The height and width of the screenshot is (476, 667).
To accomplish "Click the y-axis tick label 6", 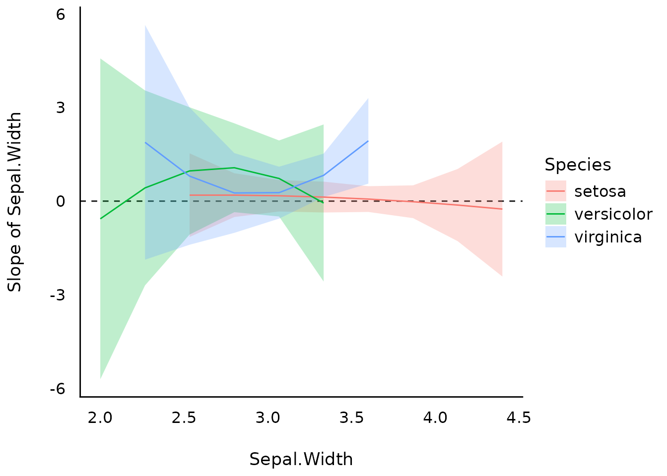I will (x=61, y=14).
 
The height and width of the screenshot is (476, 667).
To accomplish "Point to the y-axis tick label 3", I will (x=61, y=107).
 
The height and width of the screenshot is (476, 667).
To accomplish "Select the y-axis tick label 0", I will (x=61, y=201).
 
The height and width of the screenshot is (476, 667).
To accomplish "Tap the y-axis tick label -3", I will (x=58, y=295).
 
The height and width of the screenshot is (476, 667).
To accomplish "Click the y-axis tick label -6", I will (x=58, y=389).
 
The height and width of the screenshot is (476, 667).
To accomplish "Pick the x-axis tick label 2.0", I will (x=100, y=418).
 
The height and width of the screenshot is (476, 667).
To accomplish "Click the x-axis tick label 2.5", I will (x=184, y=418).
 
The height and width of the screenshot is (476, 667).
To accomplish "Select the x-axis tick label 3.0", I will (x=268, y=418).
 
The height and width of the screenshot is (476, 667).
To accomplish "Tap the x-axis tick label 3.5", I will (x=352, y=418).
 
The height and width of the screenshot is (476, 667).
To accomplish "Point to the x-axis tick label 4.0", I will (x=435, y=418).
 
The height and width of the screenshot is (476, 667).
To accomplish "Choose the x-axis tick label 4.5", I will (x=519, y=418).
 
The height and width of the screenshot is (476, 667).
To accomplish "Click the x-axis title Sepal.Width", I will (x=301, y=459).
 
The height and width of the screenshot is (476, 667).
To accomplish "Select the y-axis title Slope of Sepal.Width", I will (x=15, y=202).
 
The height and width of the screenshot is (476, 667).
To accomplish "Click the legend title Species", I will (x=578, y=165).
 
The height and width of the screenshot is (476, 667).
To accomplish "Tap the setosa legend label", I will (x=600, y=191).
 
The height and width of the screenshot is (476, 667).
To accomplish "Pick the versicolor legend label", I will (x=613, y=214).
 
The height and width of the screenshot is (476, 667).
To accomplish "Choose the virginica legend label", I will (x=608, y=237).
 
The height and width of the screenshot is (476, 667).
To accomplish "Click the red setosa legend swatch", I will (x=555, y=191).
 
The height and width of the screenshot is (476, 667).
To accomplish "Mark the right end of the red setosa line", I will (x=502, y=209).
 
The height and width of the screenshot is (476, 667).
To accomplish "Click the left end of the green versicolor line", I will (x=101, y=219).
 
